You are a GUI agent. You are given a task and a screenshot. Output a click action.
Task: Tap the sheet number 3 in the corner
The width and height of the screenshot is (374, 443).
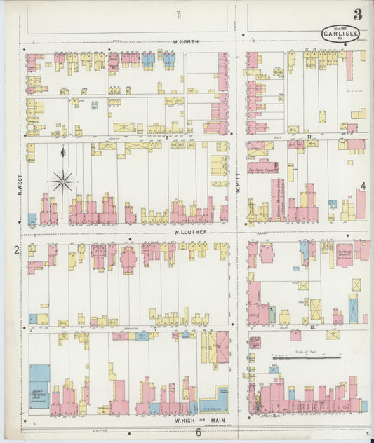[x=358, y=14]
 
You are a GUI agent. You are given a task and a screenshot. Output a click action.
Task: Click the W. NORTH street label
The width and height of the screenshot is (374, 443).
[x=186, y=42]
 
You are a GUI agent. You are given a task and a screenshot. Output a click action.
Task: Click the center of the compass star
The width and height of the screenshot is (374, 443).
[x=62, y=182]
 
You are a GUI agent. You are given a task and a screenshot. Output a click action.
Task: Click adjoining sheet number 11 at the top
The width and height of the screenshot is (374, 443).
[x=180, y=15]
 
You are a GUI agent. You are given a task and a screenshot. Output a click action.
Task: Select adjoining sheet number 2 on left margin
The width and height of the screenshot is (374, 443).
[x=14, y=250]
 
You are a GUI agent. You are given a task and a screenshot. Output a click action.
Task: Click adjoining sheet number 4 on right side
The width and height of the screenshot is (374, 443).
[x=363, y=186]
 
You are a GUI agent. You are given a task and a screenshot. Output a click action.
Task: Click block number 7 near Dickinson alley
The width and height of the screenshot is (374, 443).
[x=155, y=327]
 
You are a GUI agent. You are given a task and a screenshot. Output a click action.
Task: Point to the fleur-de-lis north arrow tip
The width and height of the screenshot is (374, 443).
[x=62, y=149]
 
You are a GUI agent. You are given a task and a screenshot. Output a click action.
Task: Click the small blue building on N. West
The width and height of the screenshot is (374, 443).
[x=32, y=219]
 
